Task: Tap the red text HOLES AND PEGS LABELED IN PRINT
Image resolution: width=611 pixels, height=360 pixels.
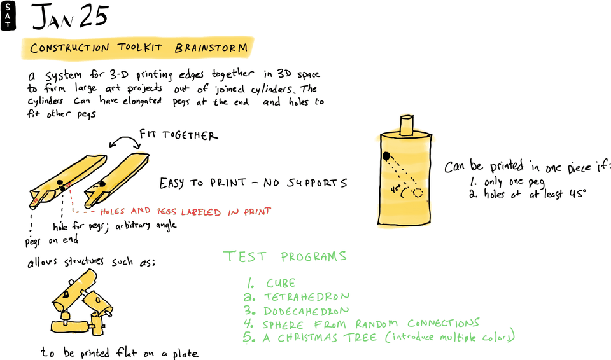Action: pyautogui.click(x=186, y=211)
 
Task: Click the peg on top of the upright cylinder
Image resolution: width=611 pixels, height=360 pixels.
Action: pyautogui.click(x=405, y=125)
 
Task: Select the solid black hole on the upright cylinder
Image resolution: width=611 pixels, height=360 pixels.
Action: pyautogui.click(x=386, y=156)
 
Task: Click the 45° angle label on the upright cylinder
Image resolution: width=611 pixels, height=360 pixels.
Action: pyautogui.click(x=395, y=189)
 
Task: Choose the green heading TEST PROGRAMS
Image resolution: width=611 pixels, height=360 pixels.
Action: pyautogui.click(x=285, y=256)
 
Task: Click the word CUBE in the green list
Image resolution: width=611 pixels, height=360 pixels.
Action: pyautogui.click(x=281, y=284)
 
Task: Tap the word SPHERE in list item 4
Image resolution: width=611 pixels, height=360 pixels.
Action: pyautogui.click(x=286, y=324)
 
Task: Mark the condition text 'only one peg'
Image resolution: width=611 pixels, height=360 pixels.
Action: pyautogui.click(x=510, y=182)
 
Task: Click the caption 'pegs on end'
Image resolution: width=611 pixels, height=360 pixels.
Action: pyautogui.click(x=52, y=240)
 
